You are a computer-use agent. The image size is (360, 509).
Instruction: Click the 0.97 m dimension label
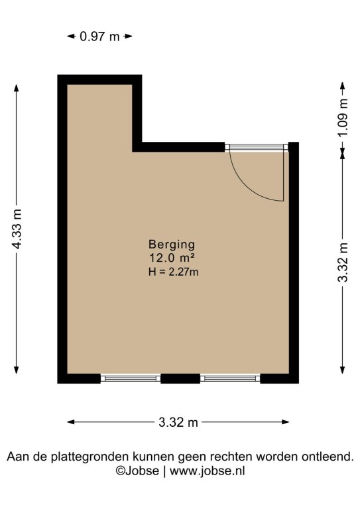pyautogui.click(x=99, y=36)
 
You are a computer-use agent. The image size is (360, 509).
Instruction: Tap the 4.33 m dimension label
pyautogui.click(x=17, y=229)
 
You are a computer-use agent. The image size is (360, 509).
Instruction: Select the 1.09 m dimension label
pyautogui.click(x=343, y=117)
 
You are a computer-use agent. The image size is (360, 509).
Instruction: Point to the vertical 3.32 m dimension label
pyautogui.click(x=343, y=262)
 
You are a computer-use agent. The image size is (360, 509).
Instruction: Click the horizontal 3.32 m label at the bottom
pyautogui.click(x=178, y=422)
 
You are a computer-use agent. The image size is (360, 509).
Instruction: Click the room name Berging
pyautogui.click(x=172, y=245)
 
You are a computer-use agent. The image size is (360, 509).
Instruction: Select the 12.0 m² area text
pyautogui.click(x=172, y=258)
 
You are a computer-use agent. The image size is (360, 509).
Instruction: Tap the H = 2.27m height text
pyautogui.click(x=173, y=271)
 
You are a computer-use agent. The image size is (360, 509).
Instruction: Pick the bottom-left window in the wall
pyautogui.click(x=131, y=378)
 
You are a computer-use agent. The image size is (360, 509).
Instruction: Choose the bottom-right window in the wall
pyautogui.click(x=230, y=378)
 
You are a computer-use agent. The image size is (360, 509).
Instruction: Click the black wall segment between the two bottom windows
pyautogui.click(x=180, y=378)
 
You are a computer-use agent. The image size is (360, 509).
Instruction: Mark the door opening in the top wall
pyautogui.click(x=257, y=147)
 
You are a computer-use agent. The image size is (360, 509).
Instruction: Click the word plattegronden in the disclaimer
pyautogui.click(x=91, y=457)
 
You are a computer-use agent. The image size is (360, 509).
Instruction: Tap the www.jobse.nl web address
pyautogui.click(x=208, y=471)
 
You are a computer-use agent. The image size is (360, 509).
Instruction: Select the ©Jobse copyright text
pyautogui.click(x=137, y=471)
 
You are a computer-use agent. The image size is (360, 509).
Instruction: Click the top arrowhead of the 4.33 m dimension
pyautogui.click(x=17, y=88)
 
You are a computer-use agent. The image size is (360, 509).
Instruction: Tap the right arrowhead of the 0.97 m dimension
pyautogui.click(x=129, y=36)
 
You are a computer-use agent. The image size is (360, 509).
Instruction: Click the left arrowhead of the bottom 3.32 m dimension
pyautogui.click(x=71, y=422)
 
